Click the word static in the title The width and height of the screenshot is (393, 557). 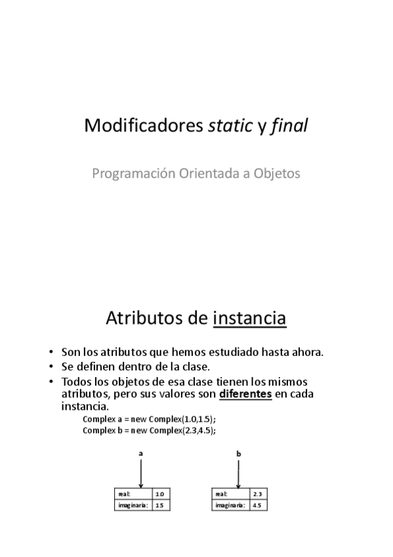229,126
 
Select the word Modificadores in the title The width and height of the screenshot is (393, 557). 144,126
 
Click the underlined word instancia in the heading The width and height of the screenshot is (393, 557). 250,319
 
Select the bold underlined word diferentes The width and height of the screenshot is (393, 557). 246,394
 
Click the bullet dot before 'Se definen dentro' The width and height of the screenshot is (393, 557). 51,367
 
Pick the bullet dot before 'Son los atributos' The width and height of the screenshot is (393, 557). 51,352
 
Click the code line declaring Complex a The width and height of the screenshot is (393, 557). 149,419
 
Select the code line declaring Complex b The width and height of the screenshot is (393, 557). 149,430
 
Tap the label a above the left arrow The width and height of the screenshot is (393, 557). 141,453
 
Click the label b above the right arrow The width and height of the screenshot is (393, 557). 239,453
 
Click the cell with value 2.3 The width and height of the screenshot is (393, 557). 257,494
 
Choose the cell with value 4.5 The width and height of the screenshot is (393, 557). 257,505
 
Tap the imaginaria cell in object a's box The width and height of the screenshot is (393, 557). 132,505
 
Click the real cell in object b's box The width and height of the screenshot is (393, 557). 229,494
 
